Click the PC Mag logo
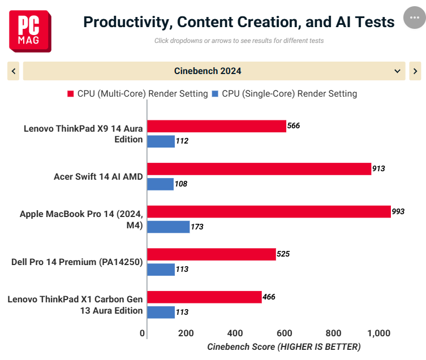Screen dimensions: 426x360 tap(30, 31)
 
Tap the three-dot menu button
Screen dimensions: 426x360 tap(415, 18)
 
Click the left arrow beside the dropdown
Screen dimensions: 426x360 tap(14, 71)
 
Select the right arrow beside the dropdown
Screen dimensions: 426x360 tap(415, 71)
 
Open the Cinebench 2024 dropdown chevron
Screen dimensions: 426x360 tap(397, 71)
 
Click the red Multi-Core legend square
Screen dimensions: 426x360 tap(70, 94)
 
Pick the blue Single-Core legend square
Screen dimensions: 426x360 tap(215, 94)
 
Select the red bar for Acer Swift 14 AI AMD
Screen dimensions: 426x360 tap(259, 169)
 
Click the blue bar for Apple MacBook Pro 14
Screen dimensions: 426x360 tap(169, 227)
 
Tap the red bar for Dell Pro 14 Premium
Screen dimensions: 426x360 tap(212, 254)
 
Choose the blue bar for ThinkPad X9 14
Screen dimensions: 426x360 tap(161, 141)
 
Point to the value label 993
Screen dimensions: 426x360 tap(398, 211)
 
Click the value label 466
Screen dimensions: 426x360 tap(269, 297)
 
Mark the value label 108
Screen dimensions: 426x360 tap(181, 184)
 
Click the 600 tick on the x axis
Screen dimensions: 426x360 tap(284, 333)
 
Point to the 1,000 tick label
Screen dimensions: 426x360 tap(378, 333)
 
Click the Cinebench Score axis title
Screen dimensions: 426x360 tap(284, 347)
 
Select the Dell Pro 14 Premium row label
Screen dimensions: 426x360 tap(77, 262)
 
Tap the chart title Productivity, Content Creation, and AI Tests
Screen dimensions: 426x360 tap(239, 22)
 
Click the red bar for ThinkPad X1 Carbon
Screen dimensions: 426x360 tap(205, 297)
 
